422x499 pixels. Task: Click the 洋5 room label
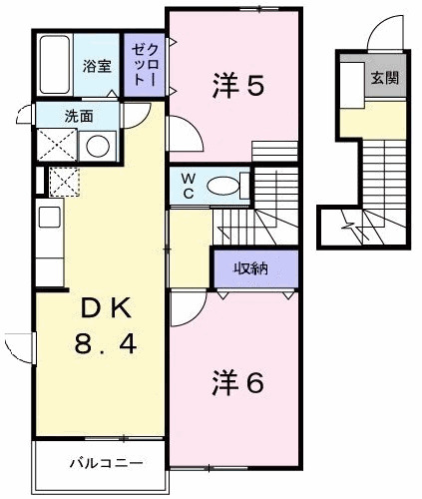(x=237, y=86)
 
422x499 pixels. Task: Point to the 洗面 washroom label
(x=81, y=115)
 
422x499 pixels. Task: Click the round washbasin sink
(x=99, y=146)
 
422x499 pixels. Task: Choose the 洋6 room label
(x=237, y=382)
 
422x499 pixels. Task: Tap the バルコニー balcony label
(x=106, y=463)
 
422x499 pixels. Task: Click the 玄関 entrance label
(x=383, y=79)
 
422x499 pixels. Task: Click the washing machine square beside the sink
(x=55, y=146)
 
